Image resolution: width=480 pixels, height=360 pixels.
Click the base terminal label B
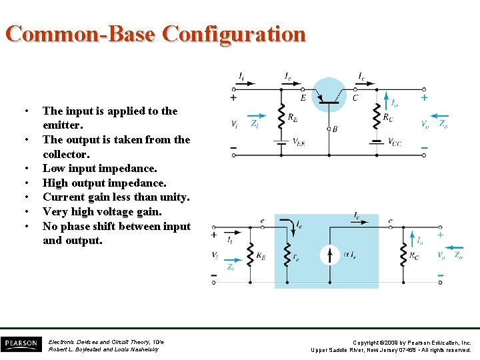click(335, 129)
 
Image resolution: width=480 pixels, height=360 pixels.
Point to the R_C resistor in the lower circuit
click(403, 254)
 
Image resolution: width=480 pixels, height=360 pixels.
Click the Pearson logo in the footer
click(21, 343)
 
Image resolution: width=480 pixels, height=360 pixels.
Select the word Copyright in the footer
click(368, 342)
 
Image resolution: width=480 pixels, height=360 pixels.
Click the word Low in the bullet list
click(53, 169)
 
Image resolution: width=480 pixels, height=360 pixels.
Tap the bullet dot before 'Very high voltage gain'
click(25, 212)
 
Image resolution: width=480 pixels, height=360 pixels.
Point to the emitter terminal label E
click(303, 98)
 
